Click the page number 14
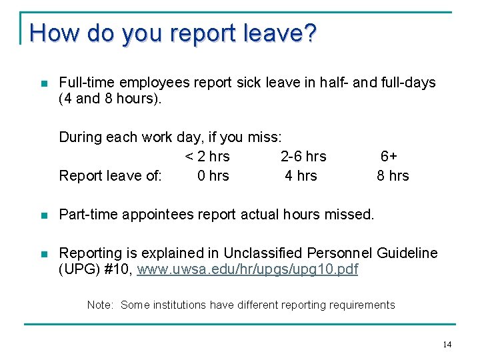447,344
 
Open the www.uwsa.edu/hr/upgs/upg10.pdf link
247,270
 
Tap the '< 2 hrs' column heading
207,157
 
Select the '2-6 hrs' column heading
303,157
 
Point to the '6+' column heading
389,157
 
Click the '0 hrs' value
213,176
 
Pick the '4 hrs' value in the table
301,176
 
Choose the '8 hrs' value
393,176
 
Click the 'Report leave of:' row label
110,176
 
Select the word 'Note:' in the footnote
101,305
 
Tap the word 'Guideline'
407,253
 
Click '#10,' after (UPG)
119,270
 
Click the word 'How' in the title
48,33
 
